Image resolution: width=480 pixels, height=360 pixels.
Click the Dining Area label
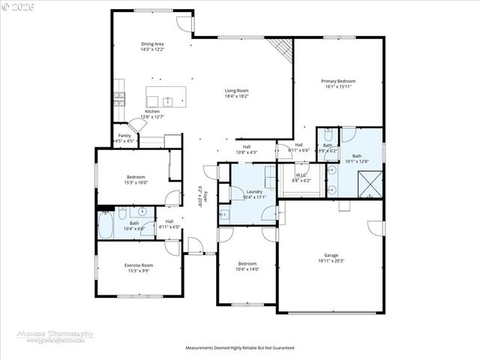coord(152,44)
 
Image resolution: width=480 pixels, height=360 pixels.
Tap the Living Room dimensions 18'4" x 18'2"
coord(236,96)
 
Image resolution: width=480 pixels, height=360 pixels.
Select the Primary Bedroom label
coord(338,81)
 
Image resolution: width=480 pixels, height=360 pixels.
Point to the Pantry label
coord(124,136)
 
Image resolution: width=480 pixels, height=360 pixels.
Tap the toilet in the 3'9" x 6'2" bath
coord(327,135)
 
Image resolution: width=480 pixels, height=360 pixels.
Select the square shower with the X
coord(369,182)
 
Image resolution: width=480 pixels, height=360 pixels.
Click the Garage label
coord(331,256)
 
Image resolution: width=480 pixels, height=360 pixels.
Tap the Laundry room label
coord(254,192)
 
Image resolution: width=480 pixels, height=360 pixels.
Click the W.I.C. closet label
coord(301,176)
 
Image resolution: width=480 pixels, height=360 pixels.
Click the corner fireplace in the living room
coord(282,48)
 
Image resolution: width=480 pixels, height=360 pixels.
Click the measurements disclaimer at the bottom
coord(239,348)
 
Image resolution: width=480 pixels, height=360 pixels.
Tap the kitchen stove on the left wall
coord(118,97)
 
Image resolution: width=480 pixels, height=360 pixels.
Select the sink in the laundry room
coord(223,215)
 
